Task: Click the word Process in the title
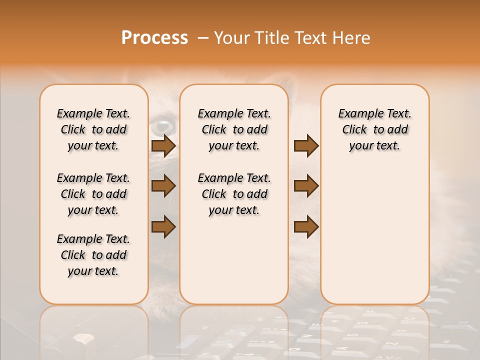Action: [x=154, y=38]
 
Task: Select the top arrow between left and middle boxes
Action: [x=163, y=146]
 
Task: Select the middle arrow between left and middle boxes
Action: [x=163, y=186]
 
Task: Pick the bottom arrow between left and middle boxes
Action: [x=163, y=226]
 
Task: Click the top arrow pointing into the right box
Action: [x=306, y=146]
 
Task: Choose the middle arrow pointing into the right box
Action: [x=306, y=186]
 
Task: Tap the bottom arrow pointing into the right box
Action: [x=306, y=226]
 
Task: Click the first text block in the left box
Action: [x=93, y=129]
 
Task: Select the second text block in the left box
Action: [x=93, y=194]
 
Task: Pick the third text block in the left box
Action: [x=93, y=255]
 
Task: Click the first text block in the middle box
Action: [x=234, y=129]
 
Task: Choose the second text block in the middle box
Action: [x=234, y=194]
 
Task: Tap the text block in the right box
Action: [x=375, y=129]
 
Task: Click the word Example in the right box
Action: [x=358, y=114]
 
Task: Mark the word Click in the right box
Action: [x=354, y=130]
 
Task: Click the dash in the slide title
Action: [x=203, y=38]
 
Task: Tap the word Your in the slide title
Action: [x=231, y=38]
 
